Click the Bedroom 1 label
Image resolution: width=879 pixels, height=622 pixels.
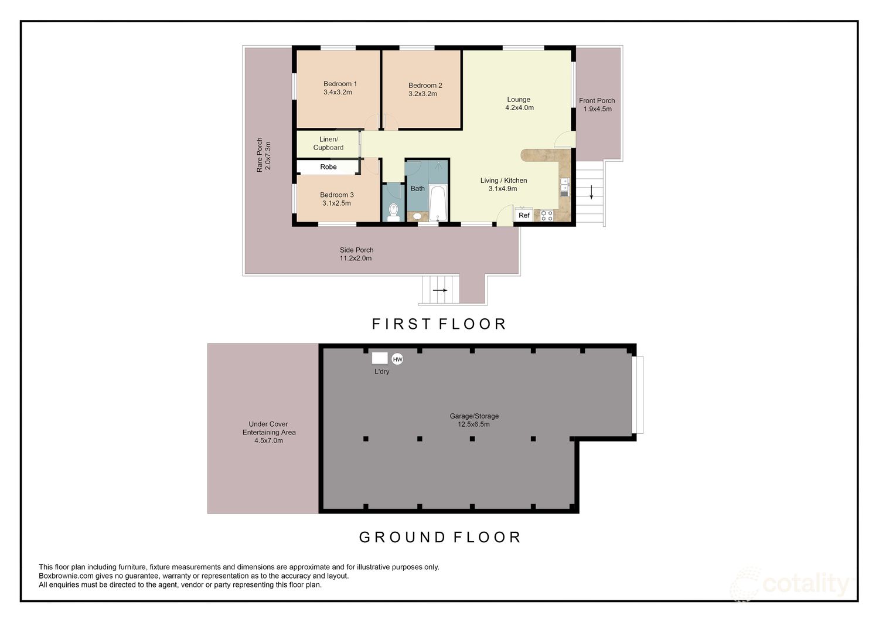pos(340,84)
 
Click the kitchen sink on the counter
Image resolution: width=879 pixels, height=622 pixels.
pos(564,187)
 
